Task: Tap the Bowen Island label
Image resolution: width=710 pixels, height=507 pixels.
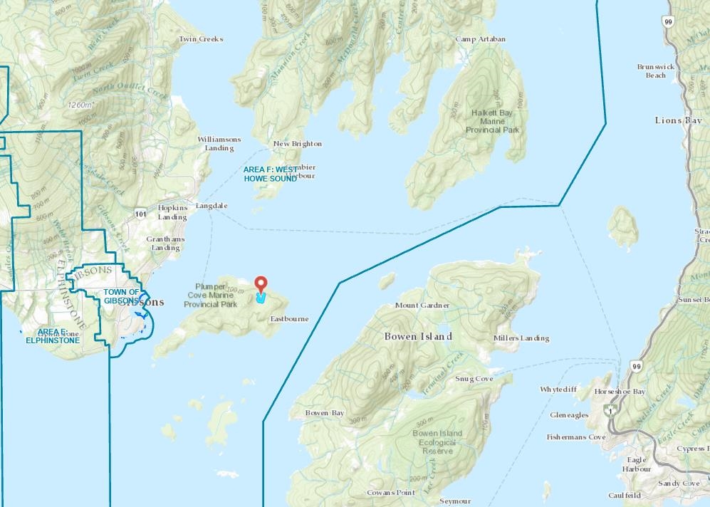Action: pos(418,335)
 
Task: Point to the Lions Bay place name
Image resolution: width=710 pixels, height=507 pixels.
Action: pos(678,120)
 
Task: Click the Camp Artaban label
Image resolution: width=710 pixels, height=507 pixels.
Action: pos(480,39)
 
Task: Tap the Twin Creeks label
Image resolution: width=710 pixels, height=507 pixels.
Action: pos(201,39)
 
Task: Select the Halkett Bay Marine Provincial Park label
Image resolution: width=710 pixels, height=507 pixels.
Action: pos(493,121)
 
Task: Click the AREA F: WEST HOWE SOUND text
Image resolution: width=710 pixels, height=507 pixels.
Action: pos(270,174)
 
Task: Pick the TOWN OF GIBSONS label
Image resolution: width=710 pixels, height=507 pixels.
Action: pos(121,296)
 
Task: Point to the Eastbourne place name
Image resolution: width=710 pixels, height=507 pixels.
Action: pos(289,319)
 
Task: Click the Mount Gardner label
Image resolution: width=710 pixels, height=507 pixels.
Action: pos(422,305)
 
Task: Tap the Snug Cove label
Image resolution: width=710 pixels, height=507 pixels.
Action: pos(474,379)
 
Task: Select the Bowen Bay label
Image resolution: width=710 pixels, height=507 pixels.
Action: pos(324,413)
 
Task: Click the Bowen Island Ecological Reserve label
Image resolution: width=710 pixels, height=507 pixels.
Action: pos(437,441)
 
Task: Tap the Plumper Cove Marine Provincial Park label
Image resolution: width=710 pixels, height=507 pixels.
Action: pos(210,295)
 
